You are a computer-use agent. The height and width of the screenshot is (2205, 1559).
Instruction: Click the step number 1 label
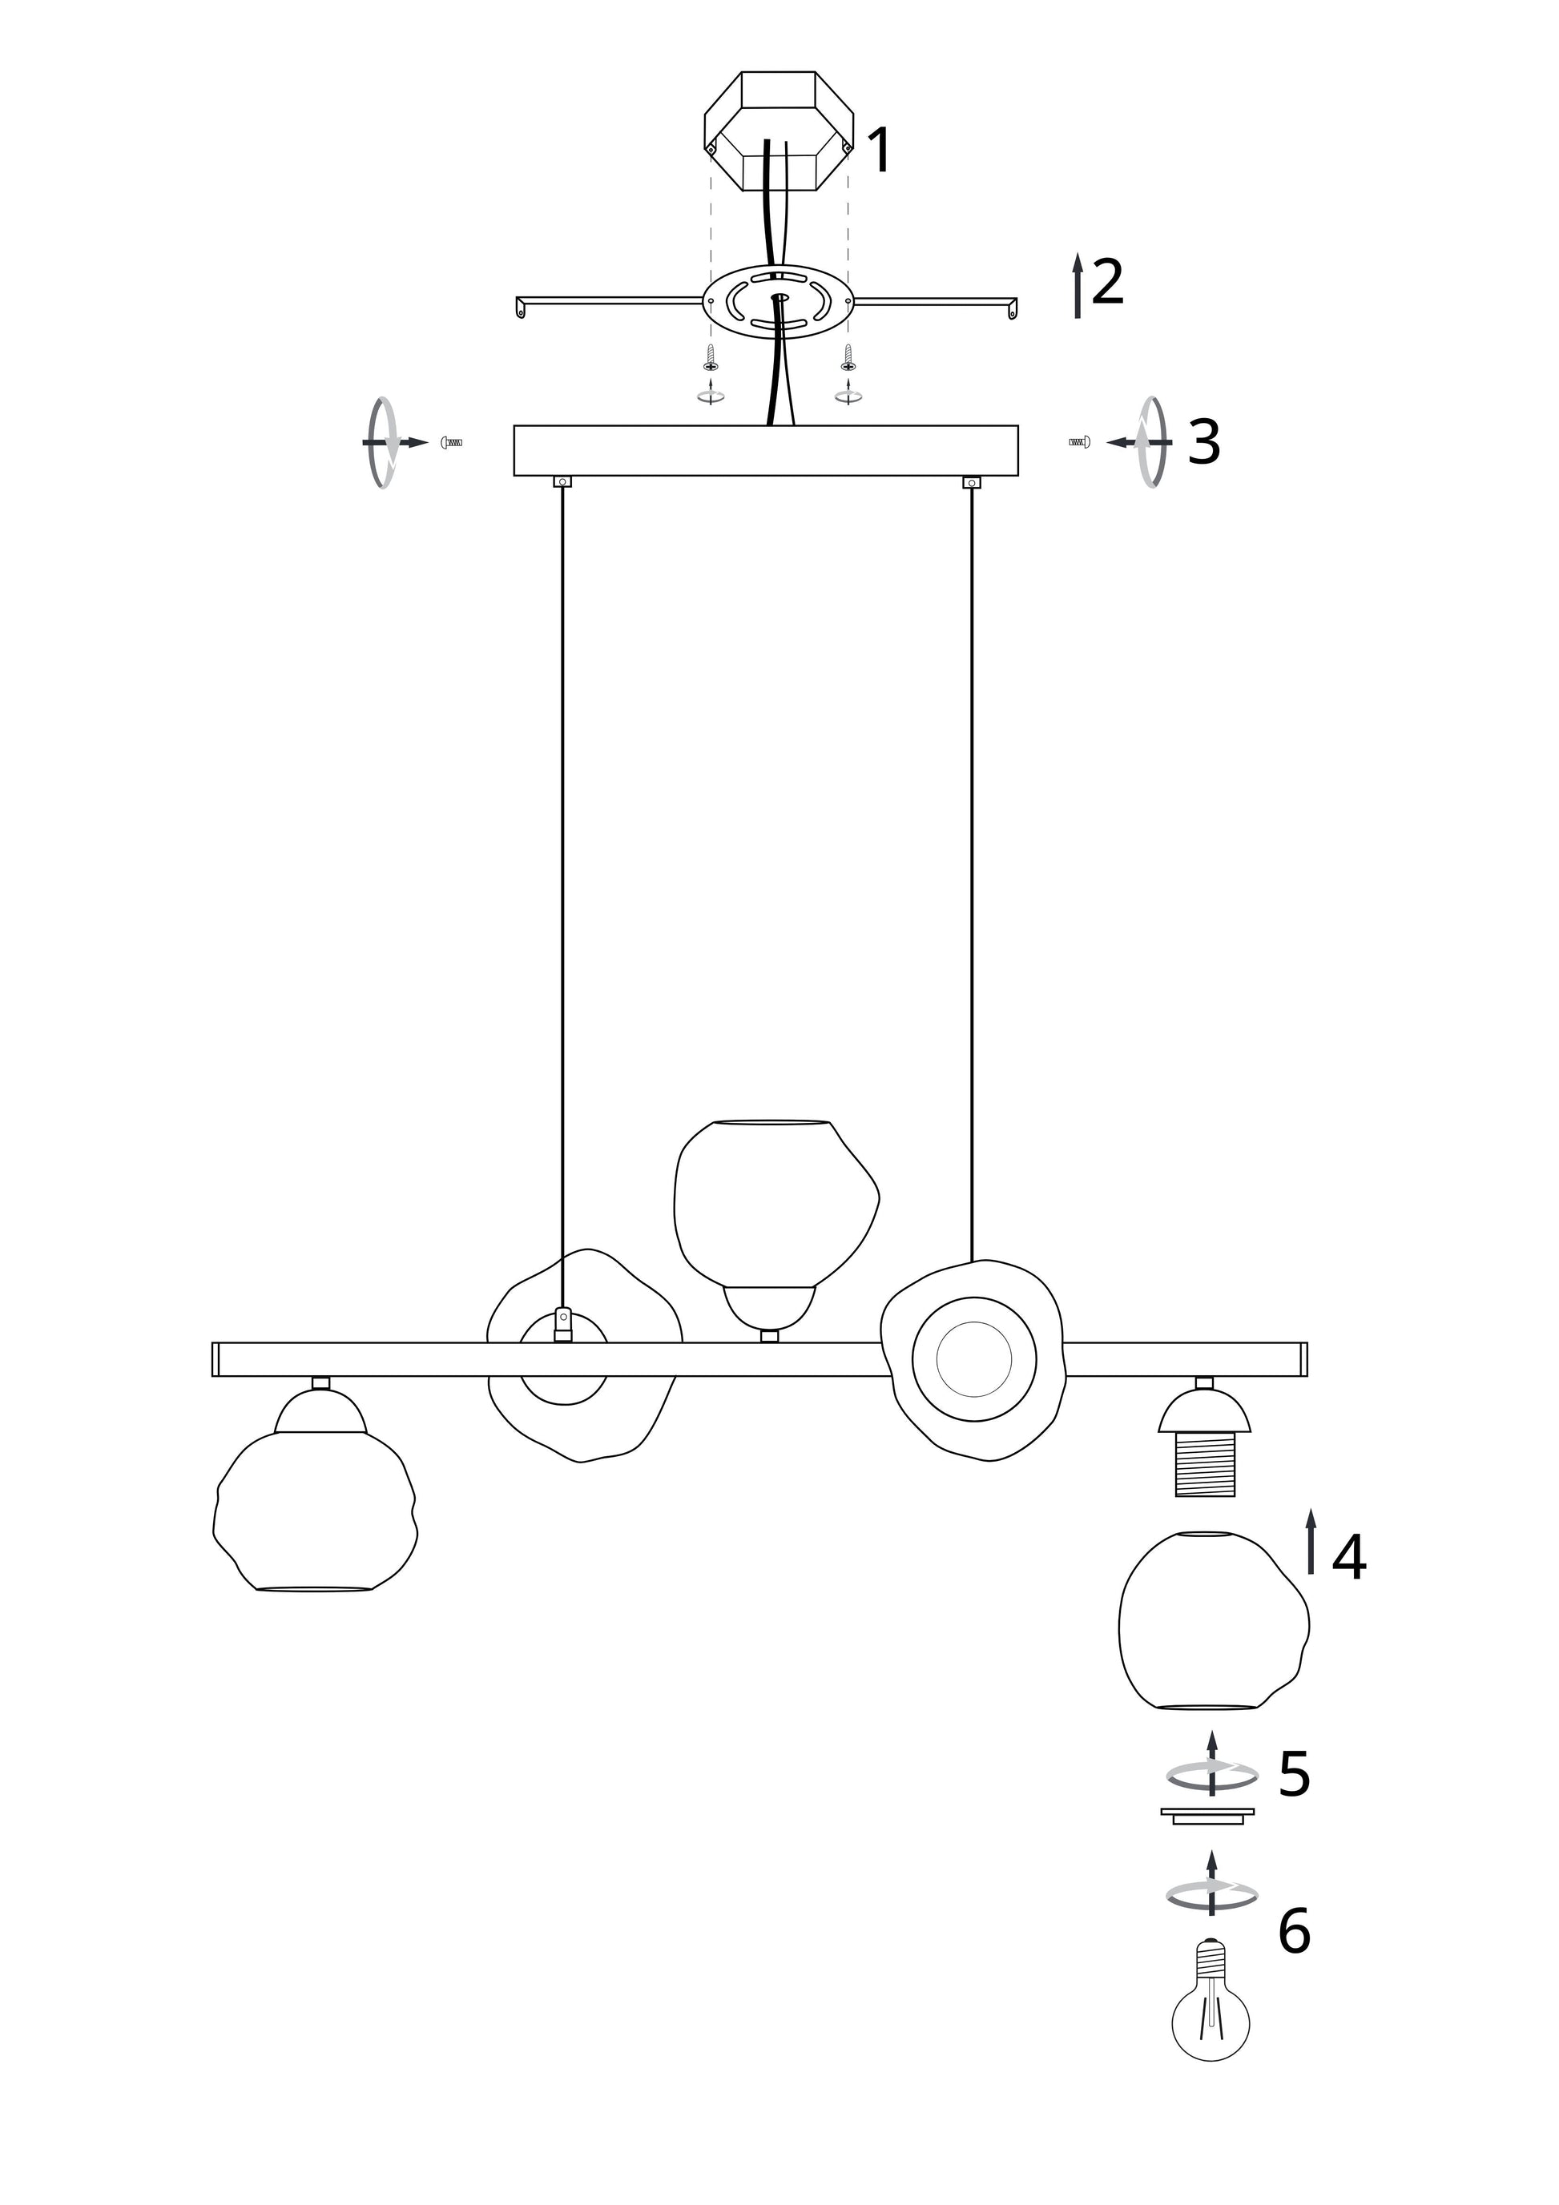[879, 150]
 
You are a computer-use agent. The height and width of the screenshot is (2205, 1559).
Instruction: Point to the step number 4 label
[1348, 1557]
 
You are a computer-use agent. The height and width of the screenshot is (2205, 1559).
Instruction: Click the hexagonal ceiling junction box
[778, 130]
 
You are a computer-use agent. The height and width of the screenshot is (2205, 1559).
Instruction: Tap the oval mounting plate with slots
[777, 300]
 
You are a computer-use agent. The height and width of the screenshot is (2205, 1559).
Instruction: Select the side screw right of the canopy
[1080, 443]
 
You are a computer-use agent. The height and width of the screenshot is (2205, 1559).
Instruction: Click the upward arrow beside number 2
[1078, 285]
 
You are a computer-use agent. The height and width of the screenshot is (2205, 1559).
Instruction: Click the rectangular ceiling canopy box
[766, 450]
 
